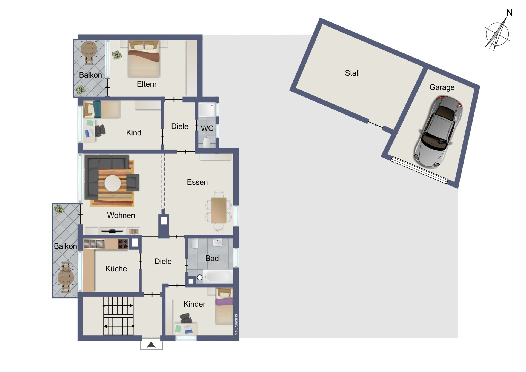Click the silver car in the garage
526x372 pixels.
[438, 132]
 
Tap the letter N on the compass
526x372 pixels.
[509, 13]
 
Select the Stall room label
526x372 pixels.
[352, 73]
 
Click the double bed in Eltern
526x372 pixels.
[144, 59]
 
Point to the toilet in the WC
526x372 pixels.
[207, 143]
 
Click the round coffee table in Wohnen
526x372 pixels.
[113, 183]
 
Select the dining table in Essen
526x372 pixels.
[219, 210]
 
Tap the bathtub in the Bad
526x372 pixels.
[218, 277]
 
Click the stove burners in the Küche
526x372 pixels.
[123, 244]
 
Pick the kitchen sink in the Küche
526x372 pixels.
[94, 244]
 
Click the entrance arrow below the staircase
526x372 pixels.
[151, 345]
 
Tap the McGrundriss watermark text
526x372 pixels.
[236, 325]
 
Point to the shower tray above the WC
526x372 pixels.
[207, 110]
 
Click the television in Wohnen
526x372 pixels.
[112, 231]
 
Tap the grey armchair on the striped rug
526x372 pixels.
[133, 182]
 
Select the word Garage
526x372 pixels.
[442, 87]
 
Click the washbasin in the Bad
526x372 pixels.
[218, 242]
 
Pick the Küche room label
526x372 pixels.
[116, 269]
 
